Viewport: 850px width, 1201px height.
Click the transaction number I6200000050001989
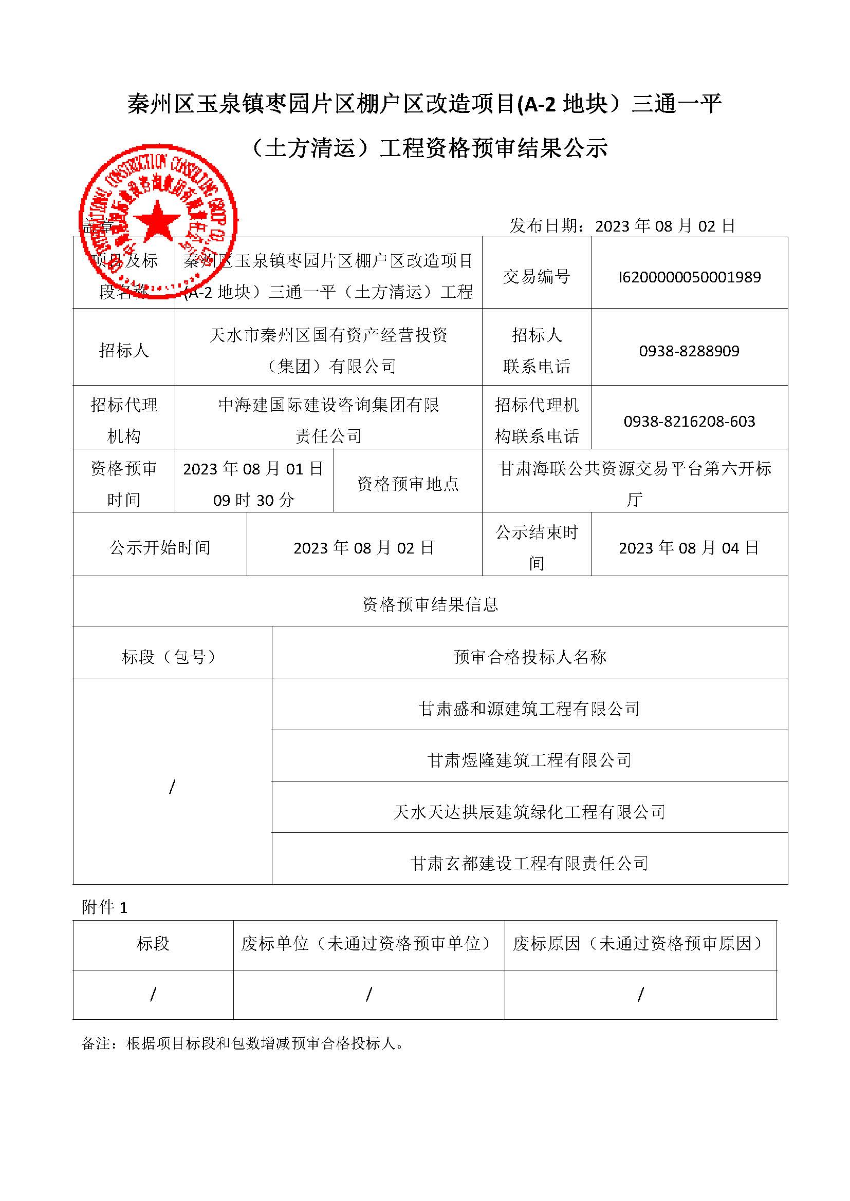point(689,277)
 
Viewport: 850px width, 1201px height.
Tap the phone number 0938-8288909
point(689,351)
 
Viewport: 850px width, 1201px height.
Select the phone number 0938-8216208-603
point(689,422)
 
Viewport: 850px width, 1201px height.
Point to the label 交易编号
point(537,277)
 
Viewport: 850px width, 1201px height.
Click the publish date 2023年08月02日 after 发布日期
point(665,226)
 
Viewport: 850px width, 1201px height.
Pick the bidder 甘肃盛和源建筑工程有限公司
point(529,709)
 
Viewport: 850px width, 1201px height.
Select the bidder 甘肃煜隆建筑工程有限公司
point(529,760)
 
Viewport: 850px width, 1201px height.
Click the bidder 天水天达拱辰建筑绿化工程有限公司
point(529,812)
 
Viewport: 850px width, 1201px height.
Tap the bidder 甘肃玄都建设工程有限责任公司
point(529,864)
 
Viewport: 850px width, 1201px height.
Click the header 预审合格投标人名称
point(529,657)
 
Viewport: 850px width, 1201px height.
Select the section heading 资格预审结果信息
point(430,605)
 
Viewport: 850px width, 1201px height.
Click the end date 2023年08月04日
point(689,548)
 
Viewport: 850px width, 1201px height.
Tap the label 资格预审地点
point(408,484)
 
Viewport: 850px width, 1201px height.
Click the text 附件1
point(105,907)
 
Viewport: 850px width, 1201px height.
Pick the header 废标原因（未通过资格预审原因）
point(640,944)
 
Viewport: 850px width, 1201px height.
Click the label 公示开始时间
point(160,548)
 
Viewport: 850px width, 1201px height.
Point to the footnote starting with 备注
point(244,1044)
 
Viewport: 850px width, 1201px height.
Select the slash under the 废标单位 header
point(369,995)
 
